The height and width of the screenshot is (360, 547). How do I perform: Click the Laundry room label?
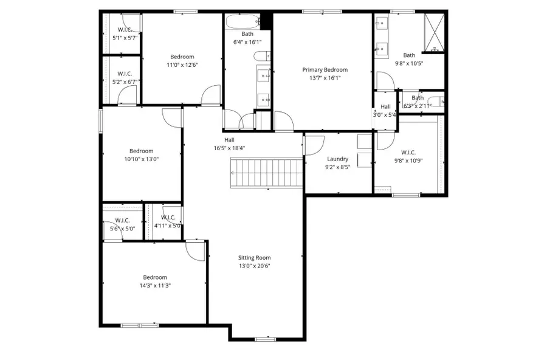click(x=337, y=159)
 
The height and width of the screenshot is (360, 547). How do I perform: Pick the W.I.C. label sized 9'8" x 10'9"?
click(x=408, y=153)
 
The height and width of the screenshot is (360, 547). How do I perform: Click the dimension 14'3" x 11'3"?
click(x=154, y=285)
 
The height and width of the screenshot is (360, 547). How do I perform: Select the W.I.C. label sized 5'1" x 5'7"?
click(x=125, y=30)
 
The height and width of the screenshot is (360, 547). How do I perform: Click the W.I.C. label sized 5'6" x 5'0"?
click(x=122, y=220)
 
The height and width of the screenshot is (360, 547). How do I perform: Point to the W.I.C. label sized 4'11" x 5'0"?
click(x=168, y=218)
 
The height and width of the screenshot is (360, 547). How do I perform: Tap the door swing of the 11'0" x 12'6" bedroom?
click(x=210, y=95)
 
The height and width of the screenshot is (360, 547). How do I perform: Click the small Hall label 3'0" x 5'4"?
click(x=385, y=106)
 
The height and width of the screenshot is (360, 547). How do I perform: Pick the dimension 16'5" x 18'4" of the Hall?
click(x=229, y=148)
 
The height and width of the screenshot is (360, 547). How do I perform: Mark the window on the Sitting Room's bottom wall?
click(x=265, y=339)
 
